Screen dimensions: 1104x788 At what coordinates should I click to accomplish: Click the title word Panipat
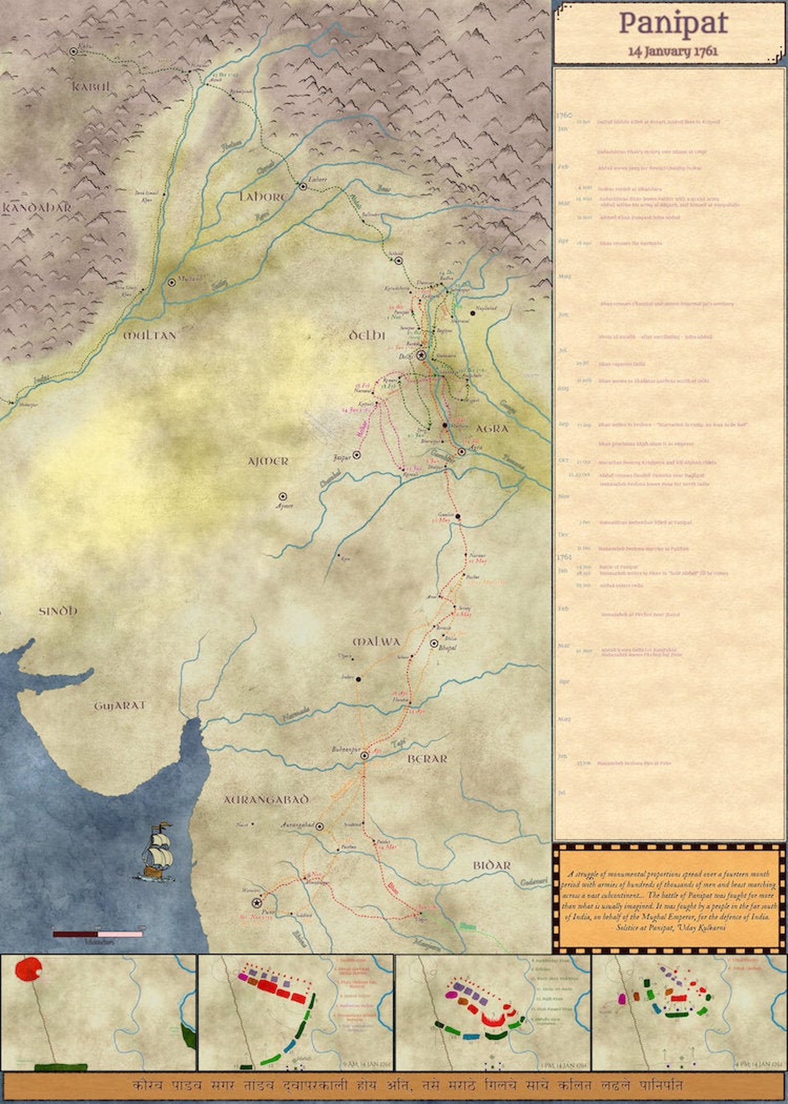(x=673, y=23)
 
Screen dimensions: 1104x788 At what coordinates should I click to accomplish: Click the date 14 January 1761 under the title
(x=673, y=51)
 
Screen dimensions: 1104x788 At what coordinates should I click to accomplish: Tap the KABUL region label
(x=91, y=87)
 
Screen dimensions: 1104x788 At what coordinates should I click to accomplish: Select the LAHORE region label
(x=263, y=197)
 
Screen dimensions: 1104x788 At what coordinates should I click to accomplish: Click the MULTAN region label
(x=149, y=336)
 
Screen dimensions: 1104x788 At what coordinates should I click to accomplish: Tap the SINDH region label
(x=58, y=611)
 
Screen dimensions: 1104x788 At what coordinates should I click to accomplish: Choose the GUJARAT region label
(x=120, y=706)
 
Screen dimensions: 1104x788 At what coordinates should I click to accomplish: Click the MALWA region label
(x=376, y=642)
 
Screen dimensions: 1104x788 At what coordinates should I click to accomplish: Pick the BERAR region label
(x=427, y=759)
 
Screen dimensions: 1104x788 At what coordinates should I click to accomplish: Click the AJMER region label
(x=268, y=462)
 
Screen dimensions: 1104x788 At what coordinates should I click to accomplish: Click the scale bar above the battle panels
(x=98, y=934)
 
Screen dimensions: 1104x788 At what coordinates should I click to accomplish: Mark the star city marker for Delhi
(x=421, y=356)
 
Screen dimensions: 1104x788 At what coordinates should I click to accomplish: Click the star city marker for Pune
(x=257, y=903)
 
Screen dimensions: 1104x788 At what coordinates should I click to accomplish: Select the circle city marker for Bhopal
(x=434, y=643)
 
